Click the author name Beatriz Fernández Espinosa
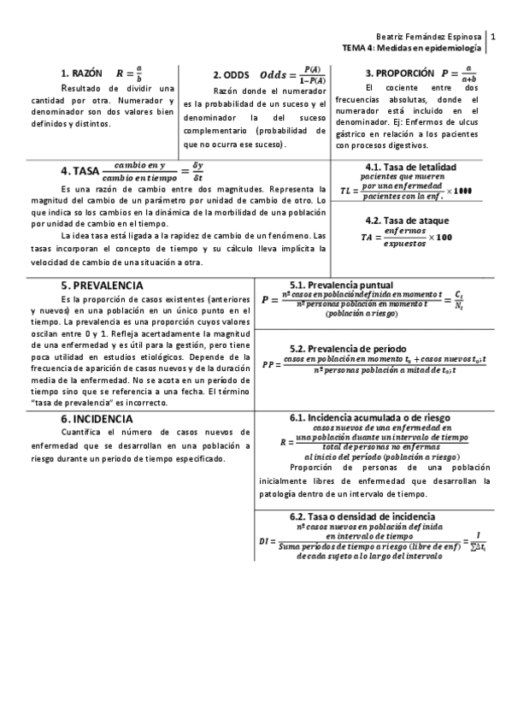click(x=428, y=38)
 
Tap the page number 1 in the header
click(x=493, y=38)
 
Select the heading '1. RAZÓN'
click(x=82, y=74)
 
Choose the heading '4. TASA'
click(x=80, y=170)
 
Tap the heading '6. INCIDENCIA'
click(x=97, y=419)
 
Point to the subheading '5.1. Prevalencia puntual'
click(x=341, y=285)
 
